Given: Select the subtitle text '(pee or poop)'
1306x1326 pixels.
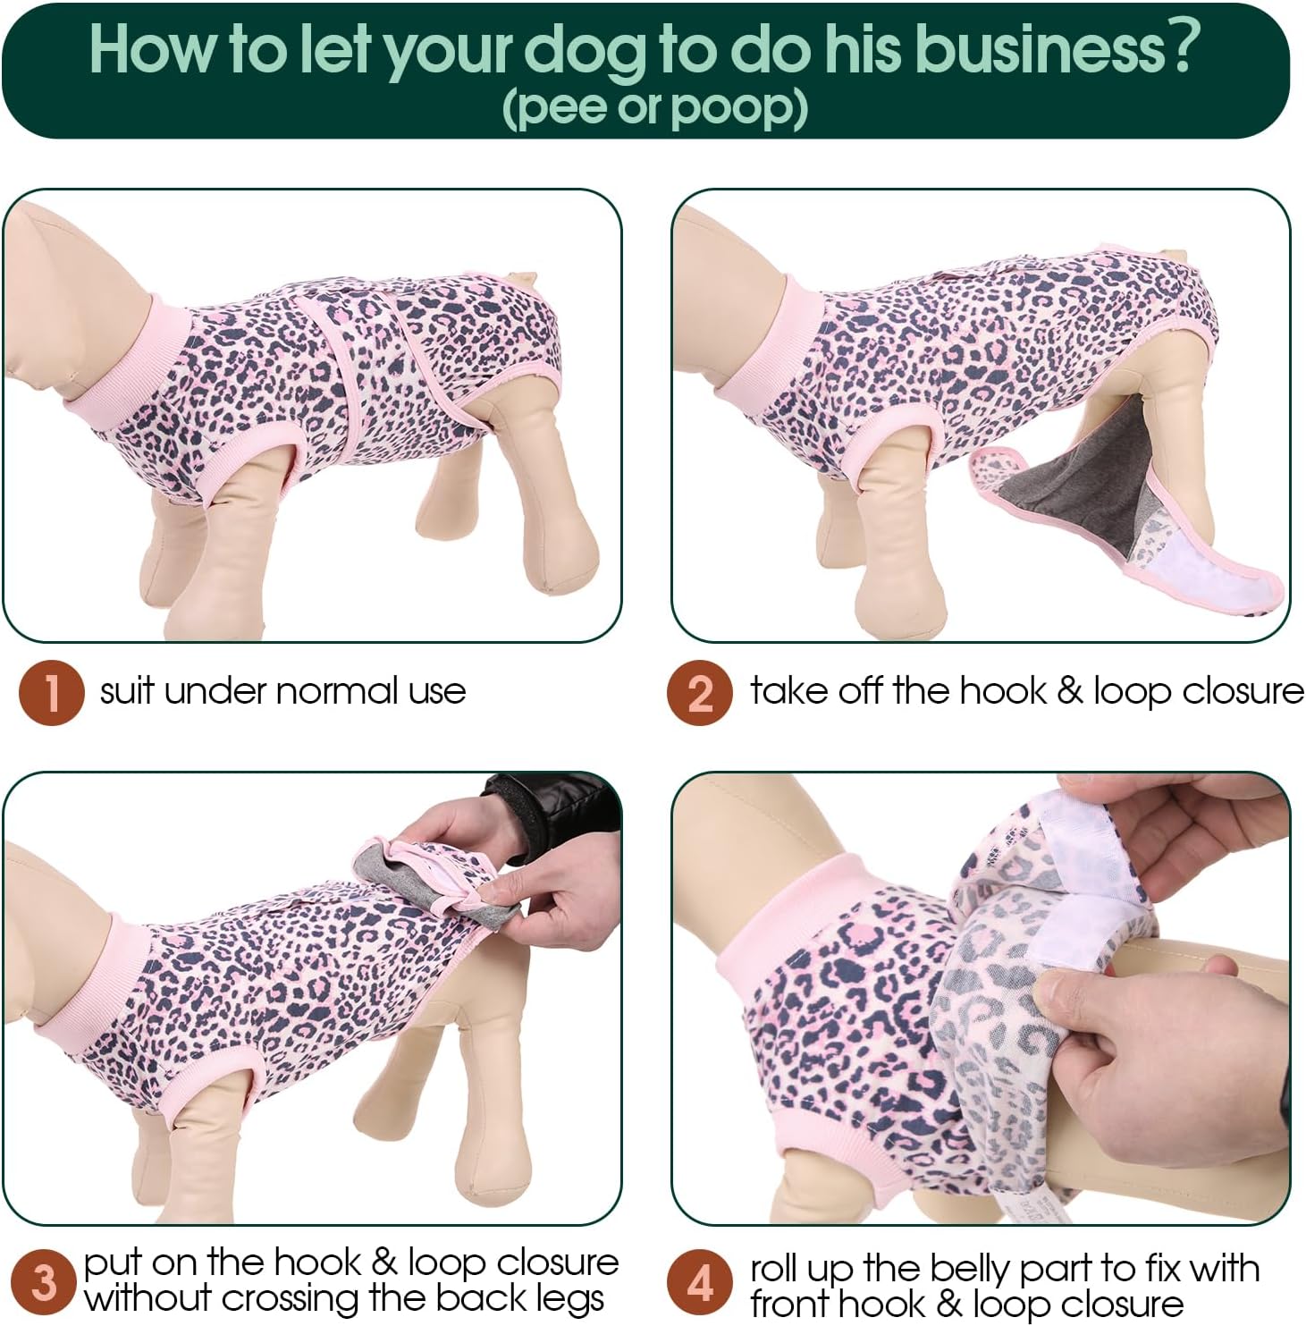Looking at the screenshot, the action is pos(655,108).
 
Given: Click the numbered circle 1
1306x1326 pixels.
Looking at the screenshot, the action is pos(52,692).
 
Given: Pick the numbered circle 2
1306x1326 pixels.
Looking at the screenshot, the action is pos(700,692).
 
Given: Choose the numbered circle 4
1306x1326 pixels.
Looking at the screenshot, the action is pos(700,1282).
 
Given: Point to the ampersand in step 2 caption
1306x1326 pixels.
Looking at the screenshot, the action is pos(1070,691).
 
